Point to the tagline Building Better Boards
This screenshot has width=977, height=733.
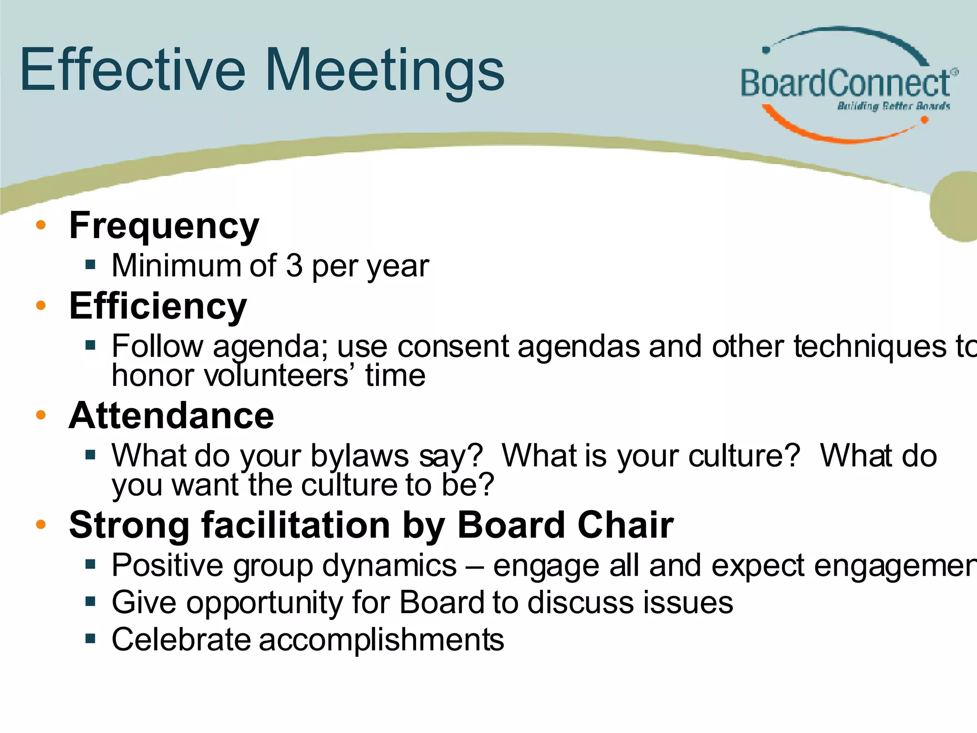[893, 106]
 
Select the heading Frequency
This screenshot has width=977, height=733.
[164, 226]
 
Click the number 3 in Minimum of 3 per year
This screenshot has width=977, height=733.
[294, 265]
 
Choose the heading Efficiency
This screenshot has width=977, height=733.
[158, 306]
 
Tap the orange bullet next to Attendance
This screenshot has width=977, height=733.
[41, 415]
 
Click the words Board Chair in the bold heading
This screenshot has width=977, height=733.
[565, 525]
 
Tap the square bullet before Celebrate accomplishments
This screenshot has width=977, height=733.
[91, 639]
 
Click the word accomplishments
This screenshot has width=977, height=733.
[381, 639]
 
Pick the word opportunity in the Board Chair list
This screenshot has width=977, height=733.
[264, 603]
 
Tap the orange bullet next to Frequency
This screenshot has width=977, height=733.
[41, 225]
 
